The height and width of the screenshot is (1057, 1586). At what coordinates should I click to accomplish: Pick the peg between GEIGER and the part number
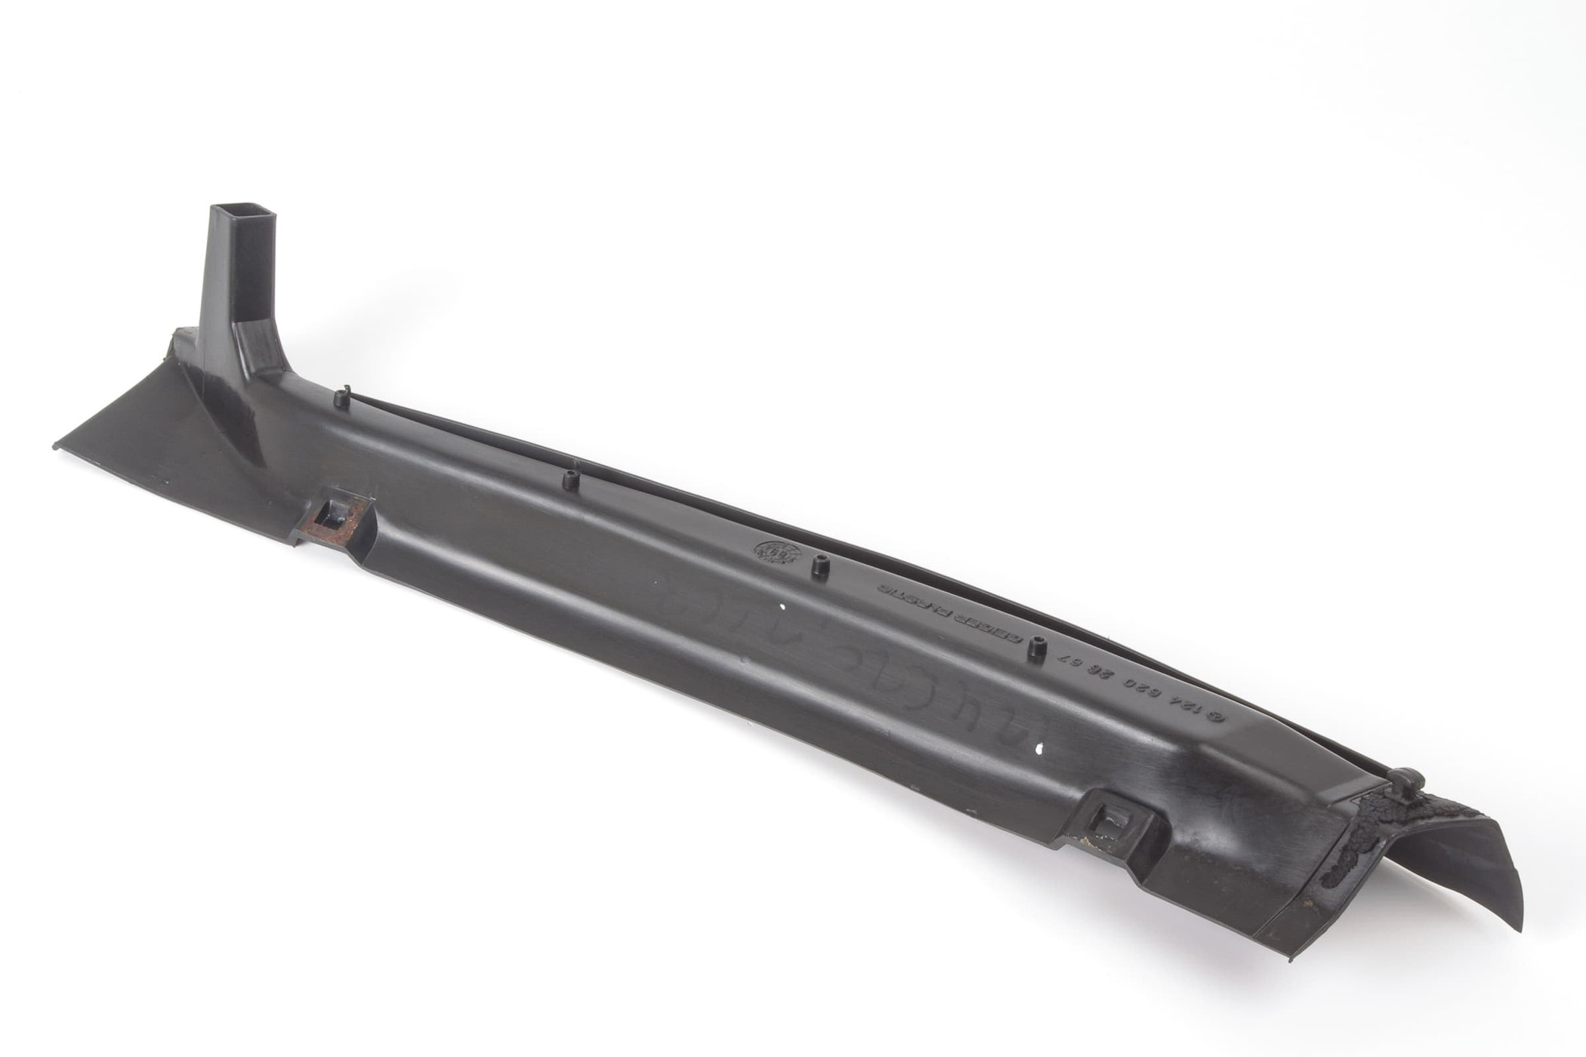pos(1035,649)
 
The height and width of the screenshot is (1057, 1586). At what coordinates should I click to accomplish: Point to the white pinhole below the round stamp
pos(781,606)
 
